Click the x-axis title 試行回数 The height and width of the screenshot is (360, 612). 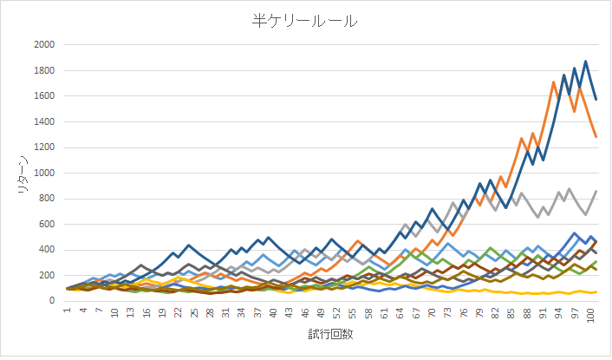(331, 334)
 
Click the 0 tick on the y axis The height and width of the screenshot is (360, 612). (53, 301)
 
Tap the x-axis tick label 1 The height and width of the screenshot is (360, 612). (66, 311)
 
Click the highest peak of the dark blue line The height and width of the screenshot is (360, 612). (585, 62)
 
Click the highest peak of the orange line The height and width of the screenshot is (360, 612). (553, 82)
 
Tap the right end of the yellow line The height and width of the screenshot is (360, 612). (596, 292)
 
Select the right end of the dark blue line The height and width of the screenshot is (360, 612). (596, 99)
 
